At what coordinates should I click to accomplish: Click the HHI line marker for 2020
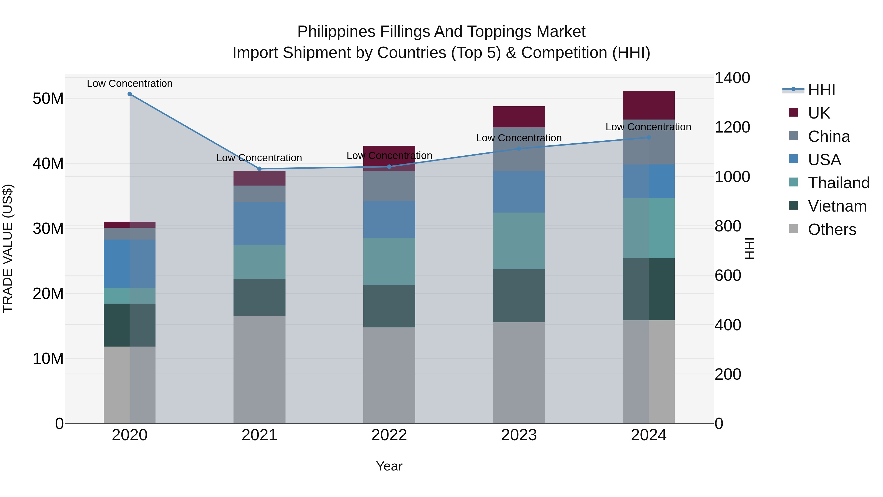click(130, 94)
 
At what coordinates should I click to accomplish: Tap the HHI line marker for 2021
click(260, 169)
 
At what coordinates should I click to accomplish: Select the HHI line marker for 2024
click(649, 137)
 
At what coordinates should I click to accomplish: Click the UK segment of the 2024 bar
click(649, 105)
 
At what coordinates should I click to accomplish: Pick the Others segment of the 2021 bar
click(260, 369)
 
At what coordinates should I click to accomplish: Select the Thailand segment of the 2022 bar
click(389, 261)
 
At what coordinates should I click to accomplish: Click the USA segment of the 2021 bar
click(260, 223)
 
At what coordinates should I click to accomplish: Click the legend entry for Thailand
click(838, 183)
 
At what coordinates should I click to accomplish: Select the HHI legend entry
click(821, 90)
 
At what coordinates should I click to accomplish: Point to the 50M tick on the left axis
click(48, 99)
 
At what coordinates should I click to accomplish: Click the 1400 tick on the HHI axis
click(732, 78)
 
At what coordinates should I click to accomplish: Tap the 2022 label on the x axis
click(389, 435)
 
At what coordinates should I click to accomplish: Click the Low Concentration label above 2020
click(130, 83)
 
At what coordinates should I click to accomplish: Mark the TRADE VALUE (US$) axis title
click(8, 248)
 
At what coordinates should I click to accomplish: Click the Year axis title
click(389, 466)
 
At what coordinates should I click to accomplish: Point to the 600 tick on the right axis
click(727, 275)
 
